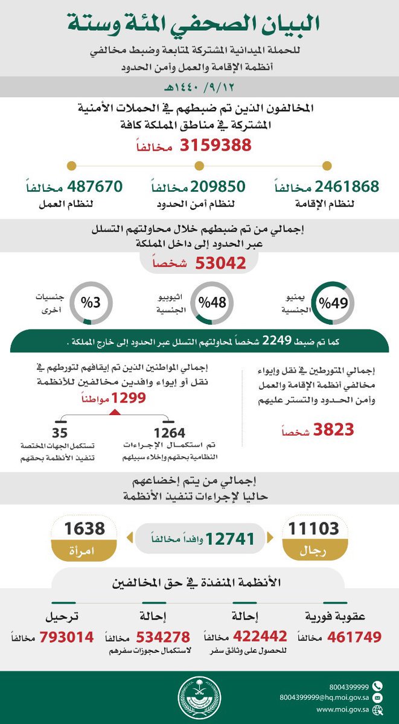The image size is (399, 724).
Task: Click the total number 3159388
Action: coord(215,145)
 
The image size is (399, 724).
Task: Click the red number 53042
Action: coord(220,263)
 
